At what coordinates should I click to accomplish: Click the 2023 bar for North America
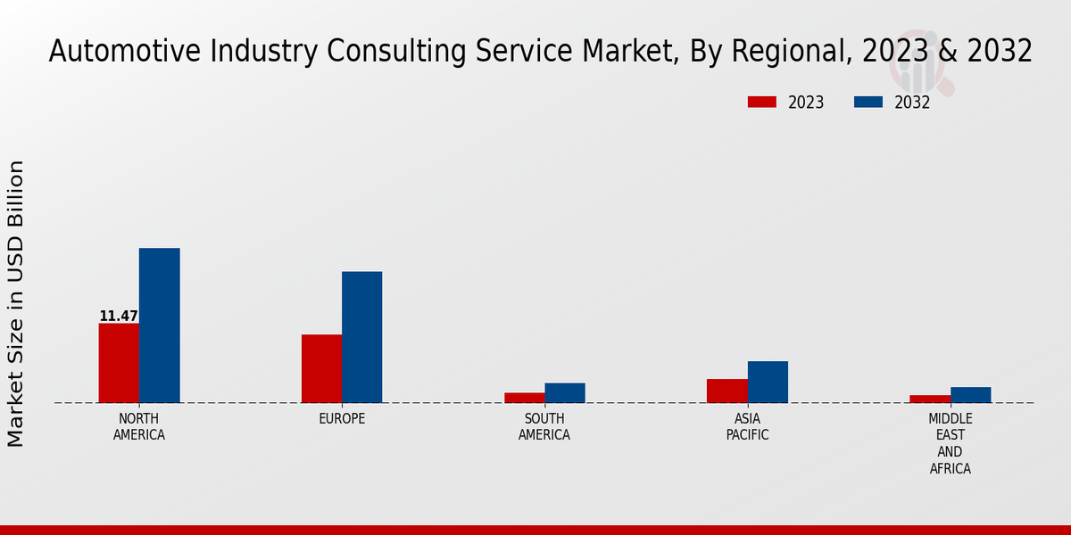coord(119,363)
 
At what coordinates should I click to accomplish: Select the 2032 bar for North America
coord(159,325)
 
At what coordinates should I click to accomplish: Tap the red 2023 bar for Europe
coord(321,368)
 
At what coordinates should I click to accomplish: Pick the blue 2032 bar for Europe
coord(361,337)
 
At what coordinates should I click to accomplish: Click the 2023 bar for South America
coord(524,398)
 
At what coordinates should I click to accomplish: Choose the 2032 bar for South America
coord(565,393)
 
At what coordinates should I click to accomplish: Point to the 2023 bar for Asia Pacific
coord(727,391)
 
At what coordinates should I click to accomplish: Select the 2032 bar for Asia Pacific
coord(768,382)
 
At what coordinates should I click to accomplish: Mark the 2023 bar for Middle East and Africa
coord(930,399)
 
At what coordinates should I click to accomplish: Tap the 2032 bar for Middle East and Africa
coord(970,395)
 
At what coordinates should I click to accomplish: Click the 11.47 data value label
coord(119,317)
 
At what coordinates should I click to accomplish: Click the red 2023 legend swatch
coord(761,102)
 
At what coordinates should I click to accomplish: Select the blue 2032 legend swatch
coord(868,102)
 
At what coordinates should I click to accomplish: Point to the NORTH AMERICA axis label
coord(139,427)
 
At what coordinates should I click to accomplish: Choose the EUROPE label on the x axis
coord(342,419)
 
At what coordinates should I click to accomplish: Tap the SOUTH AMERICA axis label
coord(544,427)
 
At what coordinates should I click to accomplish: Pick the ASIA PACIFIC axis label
coord(748,427)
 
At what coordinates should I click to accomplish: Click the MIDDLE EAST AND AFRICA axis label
coord(951,443)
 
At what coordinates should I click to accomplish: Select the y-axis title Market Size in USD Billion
coord(16,303)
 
